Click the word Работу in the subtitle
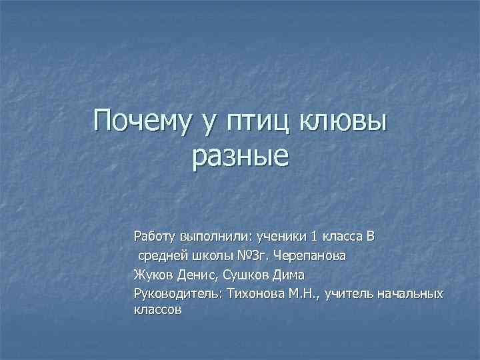tap(153, 236)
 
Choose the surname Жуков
tap(152, 274)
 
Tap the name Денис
tap(197, 274)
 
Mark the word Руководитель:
tap(178, 293)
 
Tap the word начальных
tap(409, 293)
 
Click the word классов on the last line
tap(157, 310)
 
